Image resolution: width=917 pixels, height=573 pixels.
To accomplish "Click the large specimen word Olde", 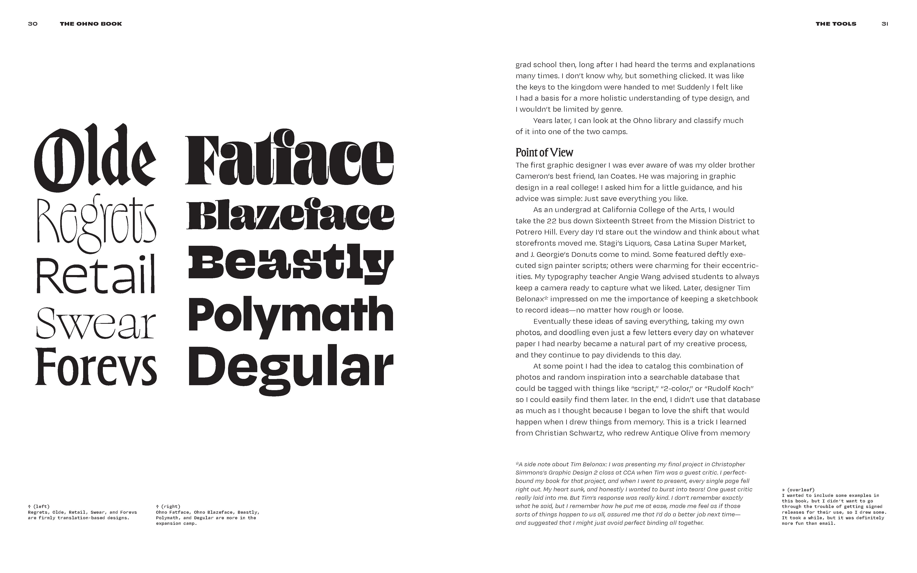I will click(95, 159).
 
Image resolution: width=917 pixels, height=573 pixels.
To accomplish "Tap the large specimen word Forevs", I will click(96, 367).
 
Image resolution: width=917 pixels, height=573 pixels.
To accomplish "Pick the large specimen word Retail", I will click(96, 275).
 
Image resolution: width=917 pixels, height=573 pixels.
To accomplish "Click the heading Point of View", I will click(544, 152).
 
